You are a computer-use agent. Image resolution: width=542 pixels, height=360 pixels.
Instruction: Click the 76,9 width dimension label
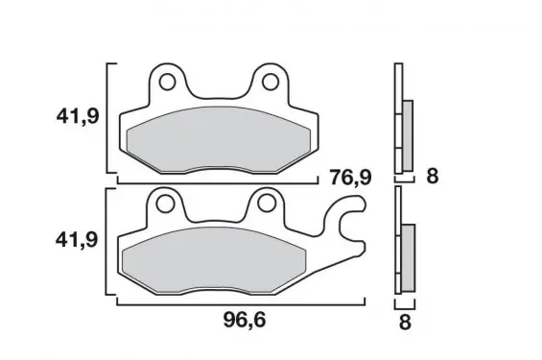click(350, 177)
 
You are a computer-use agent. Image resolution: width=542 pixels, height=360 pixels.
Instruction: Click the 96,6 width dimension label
click(245, 320)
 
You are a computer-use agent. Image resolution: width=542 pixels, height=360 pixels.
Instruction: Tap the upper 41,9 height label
click(78, 116)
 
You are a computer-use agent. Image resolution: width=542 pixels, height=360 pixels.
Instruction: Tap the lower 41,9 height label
click(77, 239)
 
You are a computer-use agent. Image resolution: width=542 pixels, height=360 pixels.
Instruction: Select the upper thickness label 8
click(433, 176)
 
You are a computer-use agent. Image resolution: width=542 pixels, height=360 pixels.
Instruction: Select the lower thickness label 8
click(405, 323)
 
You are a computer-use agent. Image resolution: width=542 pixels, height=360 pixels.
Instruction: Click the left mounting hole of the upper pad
click(167, 82)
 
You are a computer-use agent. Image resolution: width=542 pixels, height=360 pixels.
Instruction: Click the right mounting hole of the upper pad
click(271, 82)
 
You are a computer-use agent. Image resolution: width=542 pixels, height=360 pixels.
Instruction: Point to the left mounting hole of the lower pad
click(165, 204)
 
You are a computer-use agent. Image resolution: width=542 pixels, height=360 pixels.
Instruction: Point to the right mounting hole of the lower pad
click(267, 204)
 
